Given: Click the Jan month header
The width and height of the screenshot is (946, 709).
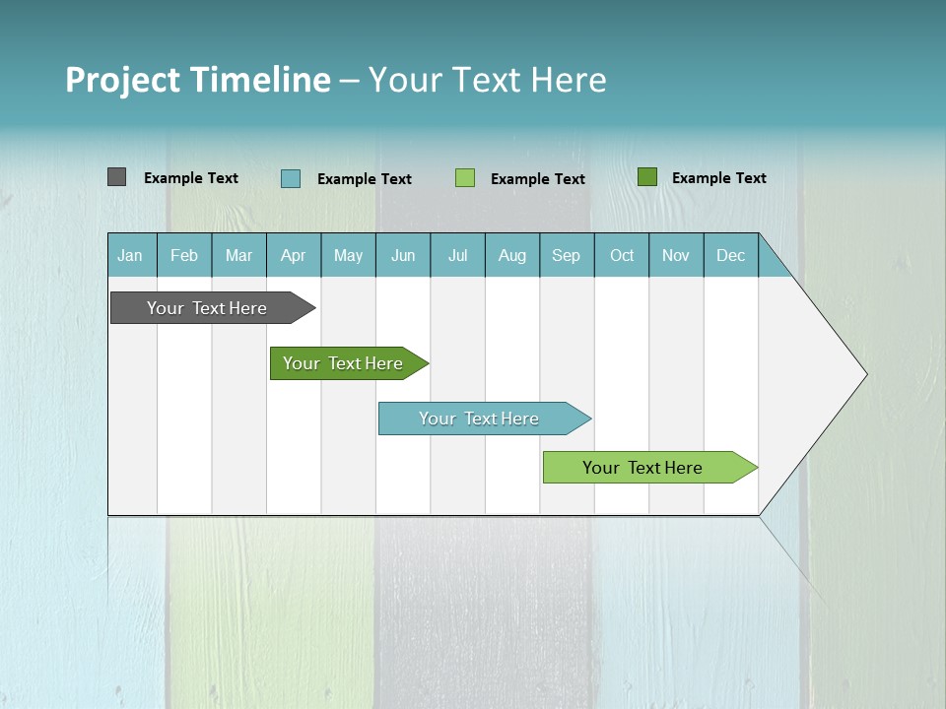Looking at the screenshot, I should click(x=131, y=255).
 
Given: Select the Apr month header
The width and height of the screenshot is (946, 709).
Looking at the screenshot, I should click(x=294, y=255).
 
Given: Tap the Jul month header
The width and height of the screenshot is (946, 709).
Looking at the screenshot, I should click(x=458, y=255).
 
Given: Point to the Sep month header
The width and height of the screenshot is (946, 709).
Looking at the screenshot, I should click(x=567, y=255).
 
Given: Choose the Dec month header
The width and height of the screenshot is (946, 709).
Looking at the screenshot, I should click(x=730, y=255).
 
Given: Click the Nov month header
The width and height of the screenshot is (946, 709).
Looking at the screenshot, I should click(x=676, y=255).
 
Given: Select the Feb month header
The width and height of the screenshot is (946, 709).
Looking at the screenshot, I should click(x=184, y=255).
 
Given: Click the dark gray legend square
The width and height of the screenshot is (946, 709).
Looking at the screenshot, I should click(x=116, y=177).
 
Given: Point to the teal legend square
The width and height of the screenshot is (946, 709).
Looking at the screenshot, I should click(x=291, y=178).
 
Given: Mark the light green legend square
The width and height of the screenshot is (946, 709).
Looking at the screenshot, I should click(x=465, y=178).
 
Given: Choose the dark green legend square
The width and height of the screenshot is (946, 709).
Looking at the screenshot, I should click(x=646, y=177).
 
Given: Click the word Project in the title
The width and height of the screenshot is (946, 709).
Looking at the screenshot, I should click(x=123, y=80).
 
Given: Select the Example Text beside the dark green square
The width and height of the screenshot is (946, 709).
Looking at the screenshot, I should click(x=718, y=178).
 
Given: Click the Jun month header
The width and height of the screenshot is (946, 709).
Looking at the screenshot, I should click(x=403, y=255).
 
